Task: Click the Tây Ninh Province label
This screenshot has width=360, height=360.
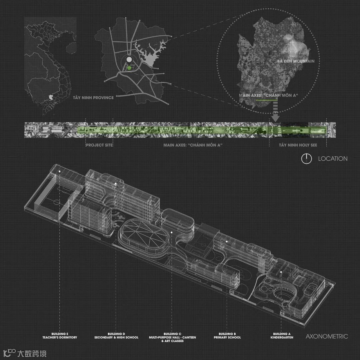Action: tap(94, 98)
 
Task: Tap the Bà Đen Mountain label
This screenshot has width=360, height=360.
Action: tap(296, 61)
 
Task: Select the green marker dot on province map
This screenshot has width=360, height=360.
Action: tap(129, 68)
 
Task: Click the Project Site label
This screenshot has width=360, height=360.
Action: tap(99, 145)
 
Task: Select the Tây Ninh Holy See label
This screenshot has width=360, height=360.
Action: tap(298, 145)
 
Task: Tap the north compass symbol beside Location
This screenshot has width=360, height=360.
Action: tap(306, 159)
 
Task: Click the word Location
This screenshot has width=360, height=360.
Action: tap(333, 159)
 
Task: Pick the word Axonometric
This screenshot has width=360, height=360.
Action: tap(327, 336)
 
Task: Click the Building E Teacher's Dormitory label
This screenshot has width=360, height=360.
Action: tap(60, 336)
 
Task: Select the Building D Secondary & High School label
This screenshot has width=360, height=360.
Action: tap(116, 336)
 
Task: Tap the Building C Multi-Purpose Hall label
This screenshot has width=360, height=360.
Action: tap(172, 337)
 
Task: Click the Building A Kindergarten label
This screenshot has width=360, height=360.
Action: tap(282, 336)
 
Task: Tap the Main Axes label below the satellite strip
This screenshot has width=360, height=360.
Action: tap(193, 145)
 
